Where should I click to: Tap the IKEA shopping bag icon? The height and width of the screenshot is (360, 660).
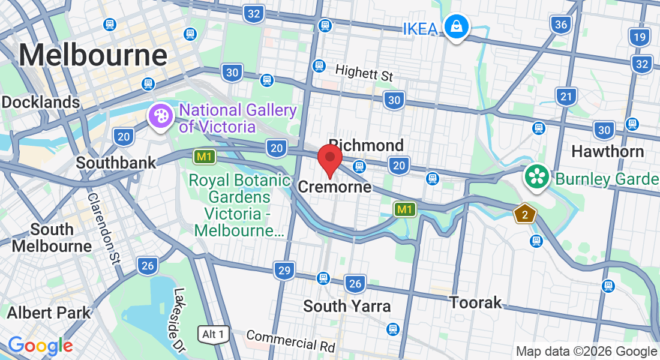click(457, 27)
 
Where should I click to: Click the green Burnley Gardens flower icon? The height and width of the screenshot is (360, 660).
click(536, 177)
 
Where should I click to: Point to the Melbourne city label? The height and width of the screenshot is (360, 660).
click(93, 56)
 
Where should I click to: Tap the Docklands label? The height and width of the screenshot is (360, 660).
click(40, 102)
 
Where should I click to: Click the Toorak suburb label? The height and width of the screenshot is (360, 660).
click(476, 302)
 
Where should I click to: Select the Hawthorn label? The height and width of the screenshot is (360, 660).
click(607, 151)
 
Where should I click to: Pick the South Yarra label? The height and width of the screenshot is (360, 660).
click(347, 306)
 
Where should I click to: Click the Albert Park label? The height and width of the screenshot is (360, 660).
click(49, 313)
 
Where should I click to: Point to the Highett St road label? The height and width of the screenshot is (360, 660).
click(364, 73)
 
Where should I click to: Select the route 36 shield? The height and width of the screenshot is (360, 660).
click(561, 25)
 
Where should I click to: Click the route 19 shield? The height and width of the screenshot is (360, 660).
click(640, 38)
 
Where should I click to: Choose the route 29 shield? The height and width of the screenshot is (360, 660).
click(284, 271)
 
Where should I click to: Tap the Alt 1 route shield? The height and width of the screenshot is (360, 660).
click(214, 334)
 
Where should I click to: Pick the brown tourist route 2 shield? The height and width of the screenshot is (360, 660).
click(525, 214)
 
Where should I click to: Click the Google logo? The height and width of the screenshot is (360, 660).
click(40, 346)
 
